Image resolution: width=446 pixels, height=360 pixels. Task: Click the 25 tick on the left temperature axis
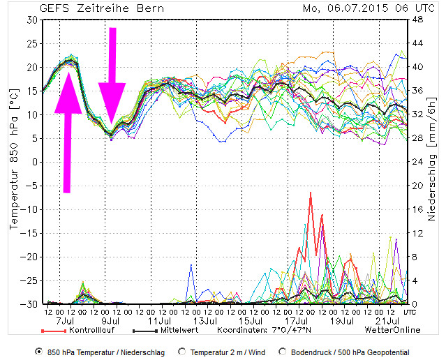point(31,43)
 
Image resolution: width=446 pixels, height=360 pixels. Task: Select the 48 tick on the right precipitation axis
point(417,20)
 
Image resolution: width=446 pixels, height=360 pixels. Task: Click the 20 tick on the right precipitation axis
point(417,186)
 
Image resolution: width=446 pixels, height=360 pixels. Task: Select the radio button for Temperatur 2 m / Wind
point(182,352)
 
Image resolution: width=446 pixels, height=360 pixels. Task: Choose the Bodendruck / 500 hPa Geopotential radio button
point(283,352)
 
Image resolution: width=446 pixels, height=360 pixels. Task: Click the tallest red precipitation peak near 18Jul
point(310,193)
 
